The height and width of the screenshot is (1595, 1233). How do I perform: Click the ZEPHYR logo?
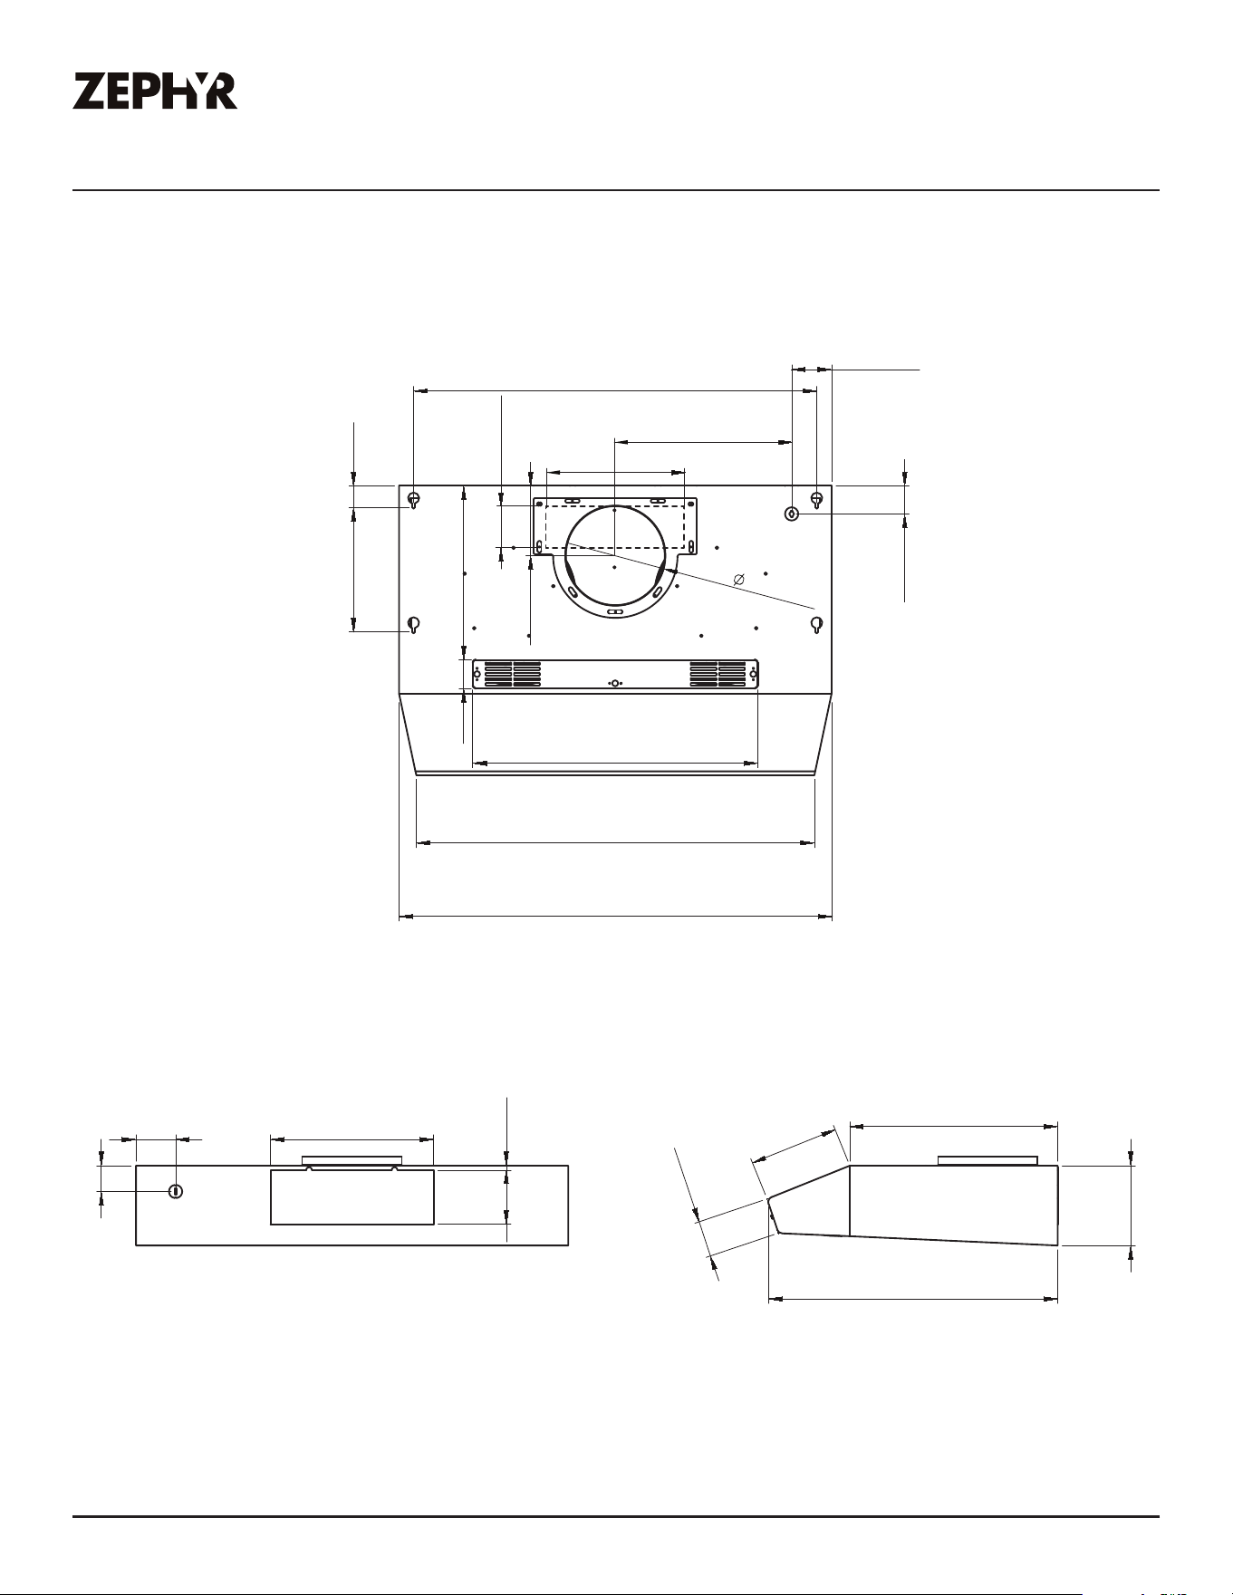click(x=155, y=91)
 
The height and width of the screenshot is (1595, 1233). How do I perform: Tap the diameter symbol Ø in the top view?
click(x=738, y=579)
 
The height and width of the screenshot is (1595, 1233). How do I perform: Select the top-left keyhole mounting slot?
click(x=413, y=500)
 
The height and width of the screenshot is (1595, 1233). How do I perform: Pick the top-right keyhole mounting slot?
click(x=816, y=500)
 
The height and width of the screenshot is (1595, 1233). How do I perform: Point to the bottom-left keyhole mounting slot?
click(x=413, y=625)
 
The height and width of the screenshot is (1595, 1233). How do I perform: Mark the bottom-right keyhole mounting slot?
click(x=816, y=625)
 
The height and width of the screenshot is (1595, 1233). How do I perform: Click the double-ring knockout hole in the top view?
click(x=792, y=514)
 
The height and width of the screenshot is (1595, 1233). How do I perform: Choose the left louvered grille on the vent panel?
click(x=513, y=673)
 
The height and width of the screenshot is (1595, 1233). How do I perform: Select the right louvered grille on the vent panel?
click(x=718, y=673)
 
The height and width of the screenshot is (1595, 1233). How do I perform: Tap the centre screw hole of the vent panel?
click(x=615, y=683)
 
